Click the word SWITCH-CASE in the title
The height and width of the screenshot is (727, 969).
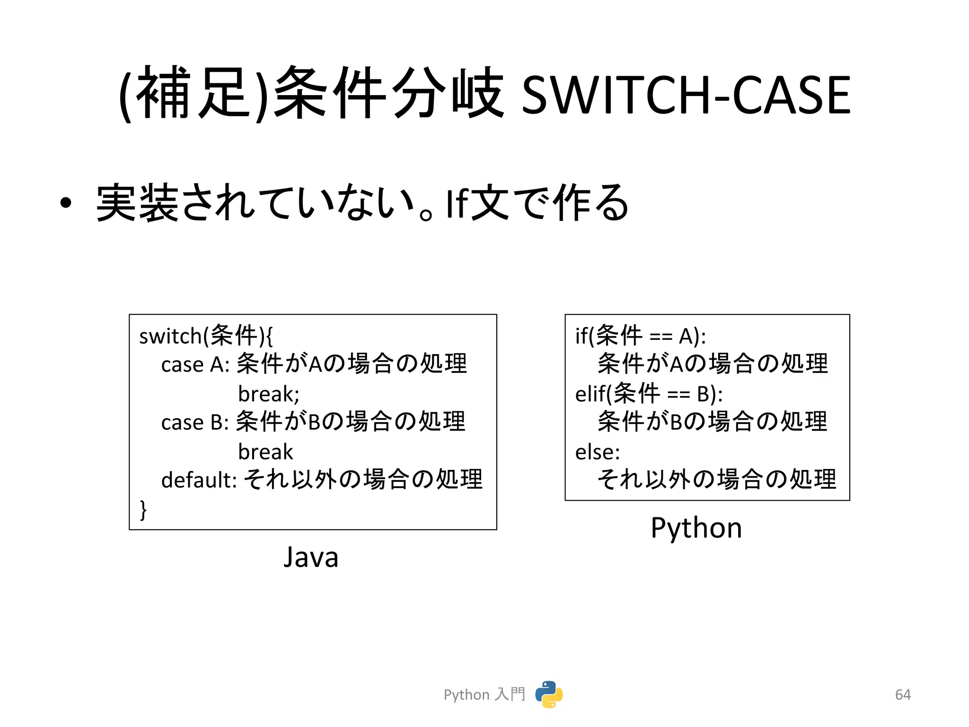(686, 95)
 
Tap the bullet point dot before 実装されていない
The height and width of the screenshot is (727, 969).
(66, 203)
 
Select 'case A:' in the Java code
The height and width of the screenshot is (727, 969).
(195, 365)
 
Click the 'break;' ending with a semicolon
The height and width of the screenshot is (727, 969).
(269, 394)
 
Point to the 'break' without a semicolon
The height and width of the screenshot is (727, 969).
(265, 452)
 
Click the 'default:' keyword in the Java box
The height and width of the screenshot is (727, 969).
(199, 480)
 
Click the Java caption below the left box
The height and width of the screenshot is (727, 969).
(311, 557)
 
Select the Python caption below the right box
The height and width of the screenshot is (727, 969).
(696, 528)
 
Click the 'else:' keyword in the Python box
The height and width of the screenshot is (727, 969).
(597, 452)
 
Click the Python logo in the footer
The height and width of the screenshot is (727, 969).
(549, 694)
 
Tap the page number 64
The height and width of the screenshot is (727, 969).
(903, 694)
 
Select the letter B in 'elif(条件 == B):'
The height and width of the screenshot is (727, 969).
(704, 394)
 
